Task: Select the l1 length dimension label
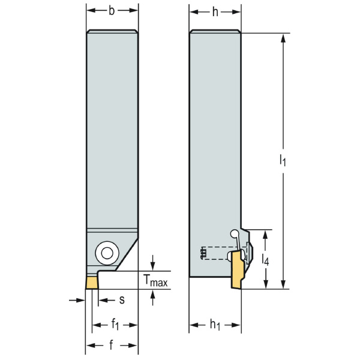click(x=283, y=160)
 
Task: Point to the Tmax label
click(x=155, y=280)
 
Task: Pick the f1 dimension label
click(x=116, y=325)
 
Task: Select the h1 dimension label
click(x=215, y=325)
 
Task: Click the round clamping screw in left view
click(x=107, y=253)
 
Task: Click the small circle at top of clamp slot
click(x=235, y=234)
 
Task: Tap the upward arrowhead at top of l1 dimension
click(x=283, y=37)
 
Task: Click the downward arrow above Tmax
click(x=153, y=265)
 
